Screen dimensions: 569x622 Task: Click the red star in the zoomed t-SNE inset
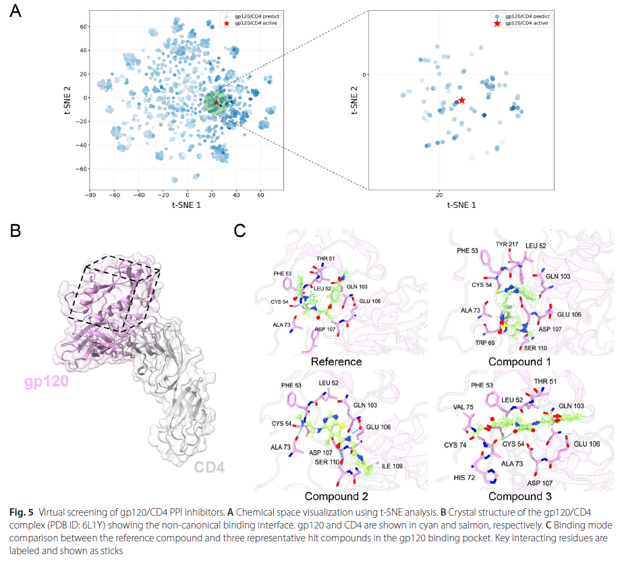pyautogui.click(x=462, y=100)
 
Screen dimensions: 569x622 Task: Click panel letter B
pyautogui.click(x=16, y=232)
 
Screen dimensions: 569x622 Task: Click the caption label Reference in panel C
pyautogui.click(x=335, y=362)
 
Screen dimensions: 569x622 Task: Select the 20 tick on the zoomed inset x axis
pyautogui.click(x=440, y=194)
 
